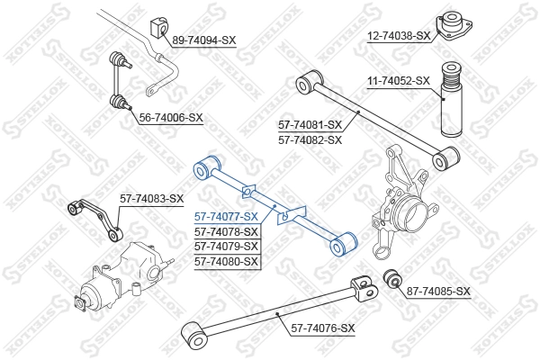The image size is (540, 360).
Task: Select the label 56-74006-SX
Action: point(171,117)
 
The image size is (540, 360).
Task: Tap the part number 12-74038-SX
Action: point(399,36)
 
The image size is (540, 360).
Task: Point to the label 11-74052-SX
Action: point(399,81)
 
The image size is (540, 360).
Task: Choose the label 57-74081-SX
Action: point(310,125)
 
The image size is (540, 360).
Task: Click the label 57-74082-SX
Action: point(310,139)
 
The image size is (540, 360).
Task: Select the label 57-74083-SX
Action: point(152,199)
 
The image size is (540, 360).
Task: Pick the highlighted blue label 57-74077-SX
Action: point(227,216)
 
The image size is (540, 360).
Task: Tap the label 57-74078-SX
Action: point(227,231)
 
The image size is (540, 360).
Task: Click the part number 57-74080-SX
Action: point(227,261)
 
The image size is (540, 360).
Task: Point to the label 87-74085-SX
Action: point(438,291)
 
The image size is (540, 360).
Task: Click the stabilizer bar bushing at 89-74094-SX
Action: point(159,28)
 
